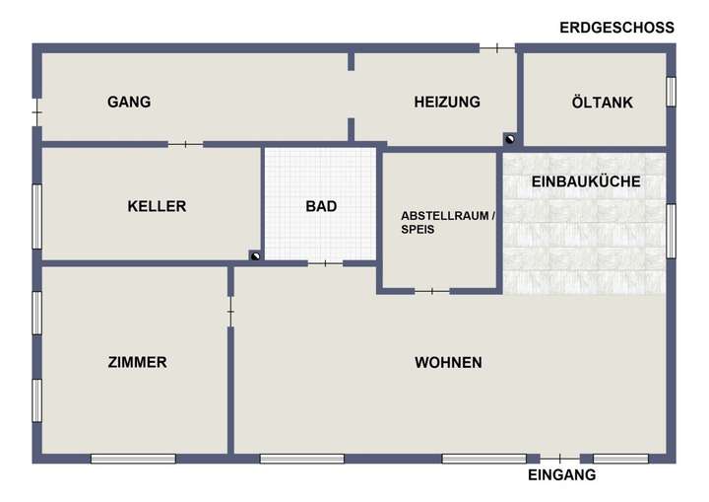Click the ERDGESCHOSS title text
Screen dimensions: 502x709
tap(616, 28)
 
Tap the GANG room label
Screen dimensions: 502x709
tap(129, 102)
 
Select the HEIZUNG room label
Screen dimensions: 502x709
tap(447, 102)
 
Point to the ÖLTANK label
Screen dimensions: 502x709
tap(602, 102)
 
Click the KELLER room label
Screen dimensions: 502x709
tap(157, 206)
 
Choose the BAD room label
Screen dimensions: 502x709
tap(321, 206)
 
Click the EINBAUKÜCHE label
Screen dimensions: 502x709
tap(586, 181)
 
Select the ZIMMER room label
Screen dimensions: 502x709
tap(137, 362)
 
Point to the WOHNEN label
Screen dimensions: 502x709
tap(448, 362)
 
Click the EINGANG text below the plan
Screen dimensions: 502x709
tap(562, 475)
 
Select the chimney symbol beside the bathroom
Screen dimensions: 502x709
tap(255, 256)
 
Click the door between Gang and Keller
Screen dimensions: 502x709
tap(185, 145)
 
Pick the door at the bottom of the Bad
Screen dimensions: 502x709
tap(325, 263)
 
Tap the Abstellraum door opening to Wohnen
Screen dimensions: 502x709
tap(431, 291)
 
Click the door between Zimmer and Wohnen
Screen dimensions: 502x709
tap(230, 313)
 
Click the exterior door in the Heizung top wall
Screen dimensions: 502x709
tap(497, 47)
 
